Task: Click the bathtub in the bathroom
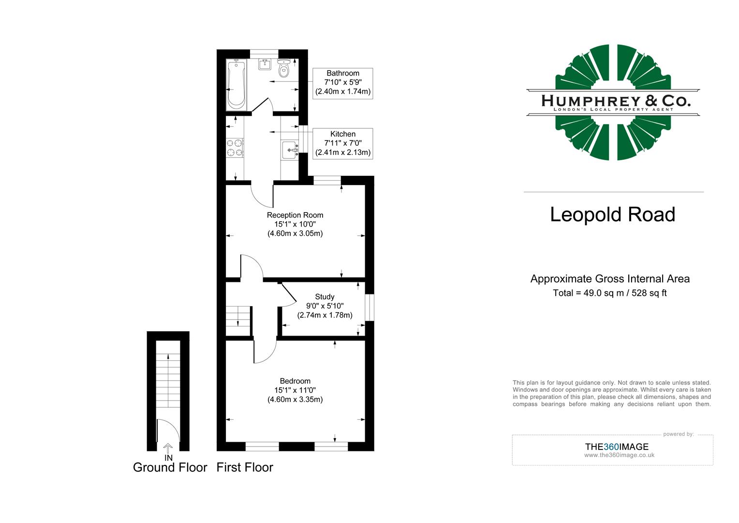click(x=236, y=85)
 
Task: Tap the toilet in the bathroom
click(x=284, y=69)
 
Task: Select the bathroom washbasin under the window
click(x=264, y=64)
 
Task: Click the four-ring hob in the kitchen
click(x=235, y=148)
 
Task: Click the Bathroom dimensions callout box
click(x=343, y=83)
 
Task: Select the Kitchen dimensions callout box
click(x=343, y=143)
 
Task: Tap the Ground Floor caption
click(x=170, y=467)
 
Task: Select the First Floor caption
click(x=245, y=467)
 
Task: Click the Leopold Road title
click(x=612, y=215)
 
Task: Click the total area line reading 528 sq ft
click(x=610, y=293)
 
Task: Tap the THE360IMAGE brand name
click(x=617, y=447)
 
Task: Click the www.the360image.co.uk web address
click(x=619, y=455)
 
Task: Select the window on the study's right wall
click(x=369, y=307)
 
